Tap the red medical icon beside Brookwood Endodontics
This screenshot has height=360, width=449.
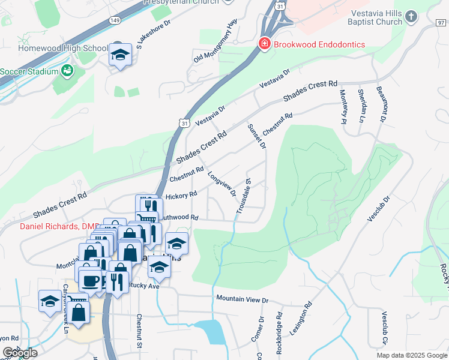(x=263, y=44)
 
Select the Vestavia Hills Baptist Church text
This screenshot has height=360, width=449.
(x=375, y=17)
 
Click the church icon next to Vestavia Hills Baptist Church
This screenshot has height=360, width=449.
(x=411, y=16)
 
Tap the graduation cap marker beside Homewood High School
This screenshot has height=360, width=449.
(x=120, y=56)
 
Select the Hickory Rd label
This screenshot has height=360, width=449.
(x=181, y=196)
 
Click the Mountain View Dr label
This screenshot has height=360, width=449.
(x=242, y=299)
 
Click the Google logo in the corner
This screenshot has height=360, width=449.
(x=19, y=353)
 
